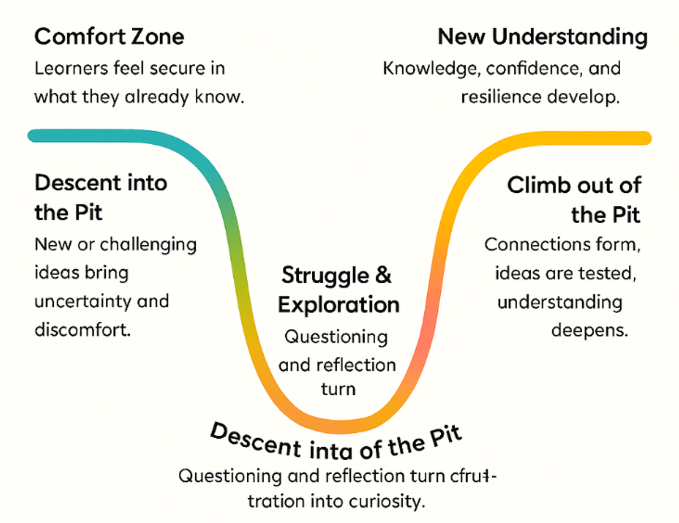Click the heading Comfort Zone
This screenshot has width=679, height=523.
[x=109, y=37]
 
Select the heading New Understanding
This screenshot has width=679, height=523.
[x=543, y=37]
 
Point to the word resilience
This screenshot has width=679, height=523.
[x=501, y=97]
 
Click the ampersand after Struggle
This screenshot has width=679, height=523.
[x=383, y=276]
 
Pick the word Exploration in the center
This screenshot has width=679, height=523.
[x=338, y=305]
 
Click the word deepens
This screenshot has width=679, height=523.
[x=590, y=330]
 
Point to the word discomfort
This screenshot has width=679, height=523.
[x=83, y=329]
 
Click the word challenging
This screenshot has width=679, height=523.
[x=148, y=245]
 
